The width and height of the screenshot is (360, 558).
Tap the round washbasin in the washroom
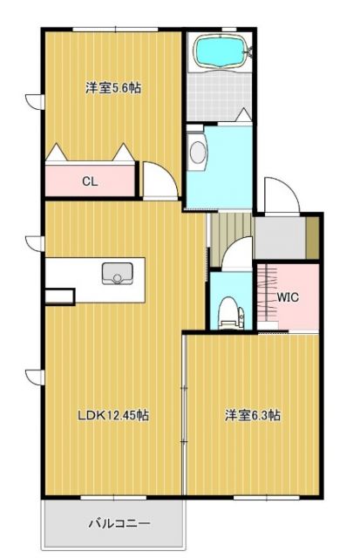pos(196,153)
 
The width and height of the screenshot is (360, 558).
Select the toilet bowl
pos(228,311)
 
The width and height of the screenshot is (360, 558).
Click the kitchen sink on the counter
pos(114,274)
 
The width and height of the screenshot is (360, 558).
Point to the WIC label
pos(289,296)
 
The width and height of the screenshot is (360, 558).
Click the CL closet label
pos(89,181)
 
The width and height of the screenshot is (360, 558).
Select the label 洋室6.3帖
pos(253,416)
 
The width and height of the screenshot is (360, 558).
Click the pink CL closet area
pos(70,181)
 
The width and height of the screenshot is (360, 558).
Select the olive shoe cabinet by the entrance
pos(312,236)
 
